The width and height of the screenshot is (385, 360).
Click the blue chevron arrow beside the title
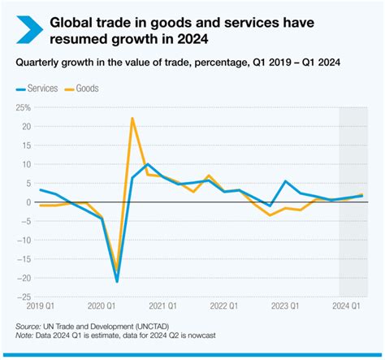coord(23,29)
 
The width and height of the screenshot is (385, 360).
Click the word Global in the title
coord(73,22)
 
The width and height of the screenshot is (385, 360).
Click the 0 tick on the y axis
coord(27,202)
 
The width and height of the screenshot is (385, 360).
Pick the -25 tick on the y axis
coord(24,297)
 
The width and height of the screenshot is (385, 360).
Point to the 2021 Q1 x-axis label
coord(164,306)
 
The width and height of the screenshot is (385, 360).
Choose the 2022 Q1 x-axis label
coord(226,306)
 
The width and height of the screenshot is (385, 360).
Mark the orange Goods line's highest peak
coord(132,119)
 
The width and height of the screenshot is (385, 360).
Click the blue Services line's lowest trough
coord(117,281)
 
